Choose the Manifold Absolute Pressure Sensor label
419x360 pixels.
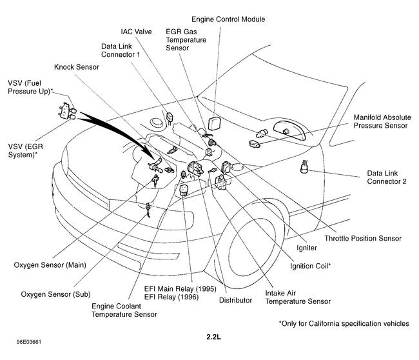(380, 122)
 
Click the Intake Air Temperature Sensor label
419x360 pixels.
(298, 296)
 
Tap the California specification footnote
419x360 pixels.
(344, 323)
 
